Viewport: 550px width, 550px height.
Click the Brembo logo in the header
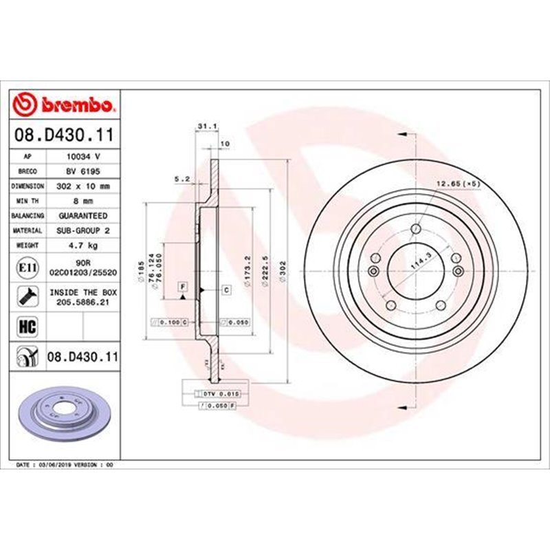tap(66, 104)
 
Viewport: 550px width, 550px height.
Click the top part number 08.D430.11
tap(66, 137)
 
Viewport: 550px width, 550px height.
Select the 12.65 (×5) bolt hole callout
tap(456, 184)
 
